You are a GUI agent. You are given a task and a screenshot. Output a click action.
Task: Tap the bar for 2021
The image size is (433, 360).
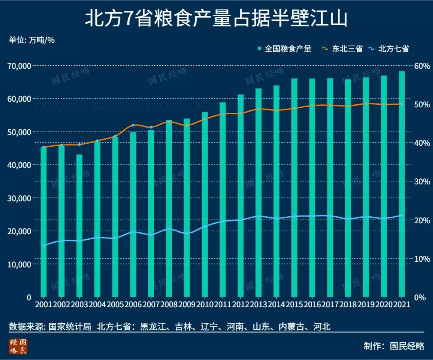402,184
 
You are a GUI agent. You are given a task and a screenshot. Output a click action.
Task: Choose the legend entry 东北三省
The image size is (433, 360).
342,49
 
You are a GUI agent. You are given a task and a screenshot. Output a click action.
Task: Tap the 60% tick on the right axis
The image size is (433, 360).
421,66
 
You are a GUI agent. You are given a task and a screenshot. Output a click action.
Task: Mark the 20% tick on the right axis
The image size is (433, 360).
421,220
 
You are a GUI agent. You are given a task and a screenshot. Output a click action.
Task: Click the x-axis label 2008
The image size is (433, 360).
169,305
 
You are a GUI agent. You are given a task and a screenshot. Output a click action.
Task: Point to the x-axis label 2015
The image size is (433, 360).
294,305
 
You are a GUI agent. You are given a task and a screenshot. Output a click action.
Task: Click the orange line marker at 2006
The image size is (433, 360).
133,125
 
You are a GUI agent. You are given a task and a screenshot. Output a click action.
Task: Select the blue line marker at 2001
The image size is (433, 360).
44,245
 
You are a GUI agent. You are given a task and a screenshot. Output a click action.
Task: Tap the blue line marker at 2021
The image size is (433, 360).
402,215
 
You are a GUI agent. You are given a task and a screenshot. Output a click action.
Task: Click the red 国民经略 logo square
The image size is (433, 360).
18,346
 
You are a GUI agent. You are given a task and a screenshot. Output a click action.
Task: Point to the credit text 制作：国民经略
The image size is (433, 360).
394,346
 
